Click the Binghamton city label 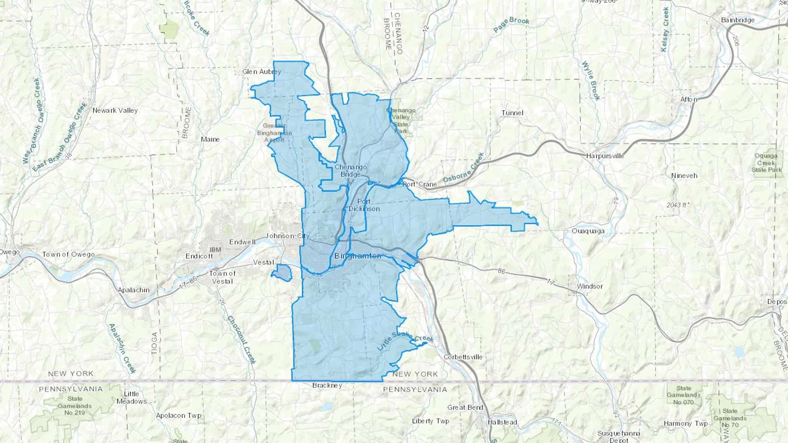point(358,256)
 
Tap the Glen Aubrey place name point(262,72)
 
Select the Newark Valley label point(115,111)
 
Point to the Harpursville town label point(605,156)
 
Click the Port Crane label point(420,184)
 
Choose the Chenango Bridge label point(351,171)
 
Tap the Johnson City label point(288,236)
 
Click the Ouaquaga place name point(588,231)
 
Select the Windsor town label point(590,286)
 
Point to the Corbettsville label point(463,357)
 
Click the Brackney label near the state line point(327,385)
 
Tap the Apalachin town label point(134,290)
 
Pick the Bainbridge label point(738,20)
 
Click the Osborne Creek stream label point(464,168)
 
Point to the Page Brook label point(511,24)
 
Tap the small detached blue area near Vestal point(282,273)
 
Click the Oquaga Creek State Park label point(766,163)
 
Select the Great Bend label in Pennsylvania point(465,407)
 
